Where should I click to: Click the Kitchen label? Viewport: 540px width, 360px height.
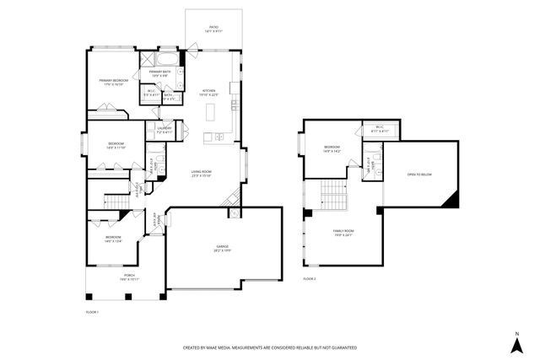point(208,92)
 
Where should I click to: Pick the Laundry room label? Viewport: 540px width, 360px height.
point(164,130)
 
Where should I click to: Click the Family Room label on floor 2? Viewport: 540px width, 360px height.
point(343,232)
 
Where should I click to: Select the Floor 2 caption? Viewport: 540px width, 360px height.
point(310,277)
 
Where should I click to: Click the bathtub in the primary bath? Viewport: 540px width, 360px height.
point(169,60)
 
